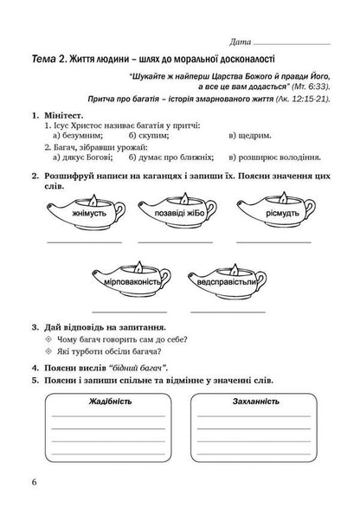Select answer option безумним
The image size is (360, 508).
click(x=80, y=136)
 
